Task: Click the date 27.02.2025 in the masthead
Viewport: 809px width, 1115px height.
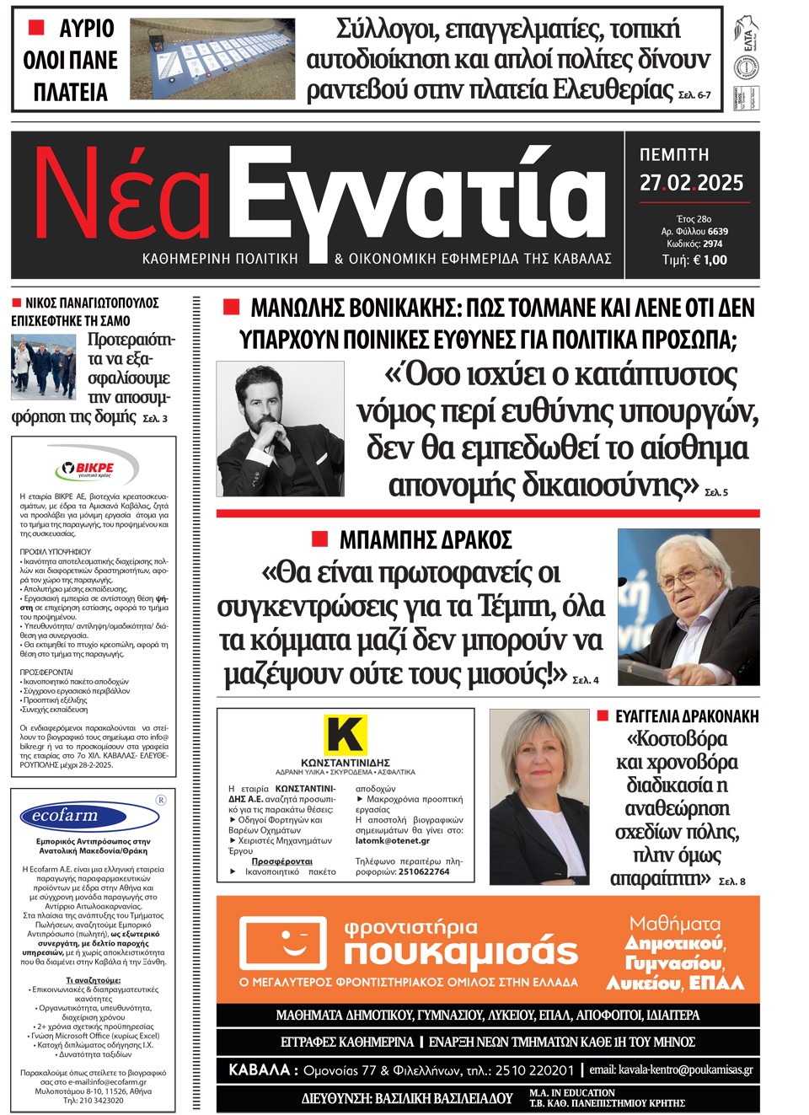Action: click(x=691, y=183)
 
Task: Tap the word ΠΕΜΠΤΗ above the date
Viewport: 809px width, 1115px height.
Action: click(x=674, y=155)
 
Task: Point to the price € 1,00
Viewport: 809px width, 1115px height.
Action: click(x=710, y=260)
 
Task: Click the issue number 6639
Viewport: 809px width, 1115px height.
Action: click(x=718, y=231)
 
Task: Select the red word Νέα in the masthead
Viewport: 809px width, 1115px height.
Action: click(x=122, y=196)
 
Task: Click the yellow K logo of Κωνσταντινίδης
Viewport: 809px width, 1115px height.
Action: click(x=346, y=735)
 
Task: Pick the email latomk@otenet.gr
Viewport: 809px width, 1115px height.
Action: click(x=393, y=840)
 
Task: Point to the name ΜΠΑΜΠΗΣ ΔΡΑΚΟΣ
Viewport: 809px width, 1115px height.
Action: click(x=426, y=539)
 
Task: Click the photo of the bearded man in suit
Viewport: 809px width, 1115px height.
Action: click(x=280, y=428)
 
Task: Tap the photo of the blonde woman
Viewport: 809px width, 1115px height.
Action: click(x=539, y=796)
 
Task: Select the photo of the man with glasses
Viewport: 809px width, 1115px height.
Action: click(x=688, y=606)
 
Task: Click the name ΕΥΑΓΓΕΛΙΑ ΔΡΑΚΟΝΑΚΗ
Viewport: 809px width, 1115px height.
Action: click(x=686, y=716)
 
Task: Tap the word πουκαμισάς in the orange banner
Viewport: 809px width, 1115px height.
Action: click(x=461, y=952)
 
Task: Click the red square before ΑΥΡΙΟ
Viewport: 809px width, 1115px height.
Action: click(x=36, y=28)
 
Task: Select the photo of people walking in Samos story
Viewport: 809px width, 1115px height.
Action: click(x=43, y=365)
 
